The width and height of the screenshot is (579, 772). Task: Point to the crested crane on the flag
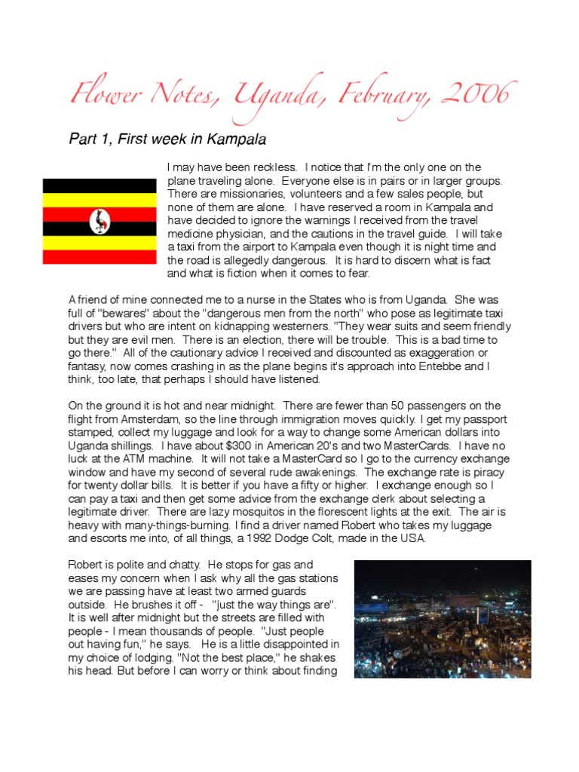click(x=100, y=221)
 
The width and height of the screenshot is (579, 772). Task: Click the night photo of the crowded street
click(x=443, y=618)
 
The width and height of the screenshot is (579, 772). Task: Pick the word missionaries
click(x=228, y=195)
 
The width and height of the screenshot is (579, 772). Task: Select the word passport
click(x=483, y=420)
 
